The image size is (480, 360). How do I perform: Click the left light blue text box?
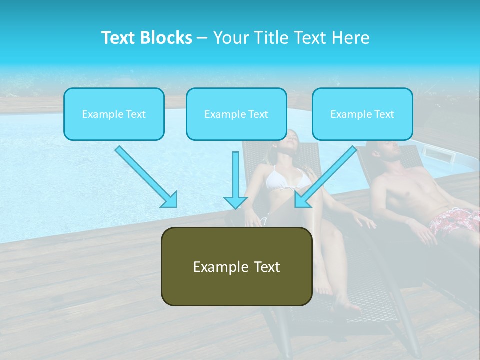pyautogui.click(x=114, y=114)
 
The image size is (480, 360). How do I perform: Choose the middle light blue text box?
pyautogui.click(x=236, y=114)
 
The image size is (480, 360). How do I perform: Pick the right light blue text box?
pyautogui.click(x=362, y=114)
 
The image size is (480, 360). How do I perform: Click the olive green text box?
pyautogui.click(x=236, y=266)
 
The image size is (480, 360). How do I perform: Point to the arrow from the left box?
pyautogui.click(x=146, y=177)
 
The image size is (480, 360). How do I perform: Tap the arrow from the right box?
pyautogui.click(x=325, y=177)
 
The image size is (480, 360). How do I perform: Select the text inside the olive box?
pyautogui.click(x=236, y=267)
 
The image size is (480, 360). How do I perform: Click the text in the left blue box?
pyautogui.click(x=114, y=114)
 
